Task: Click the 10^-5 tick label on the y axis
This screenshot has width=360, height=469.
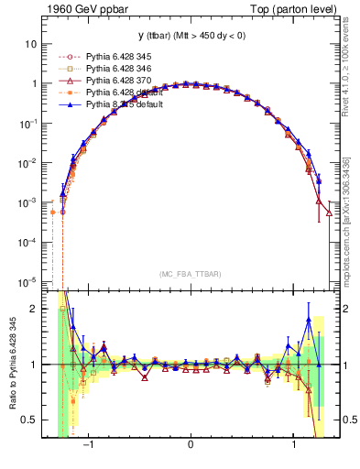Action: coord(29,281)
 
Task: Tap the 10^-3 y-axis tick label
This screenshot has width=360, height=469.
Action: coord(29,202)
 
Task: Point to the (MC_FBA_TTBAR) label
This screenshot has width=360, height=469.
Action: coord(190,274)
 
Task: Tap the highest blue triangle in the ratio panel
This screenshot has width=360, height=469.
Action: coord(309,319)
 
